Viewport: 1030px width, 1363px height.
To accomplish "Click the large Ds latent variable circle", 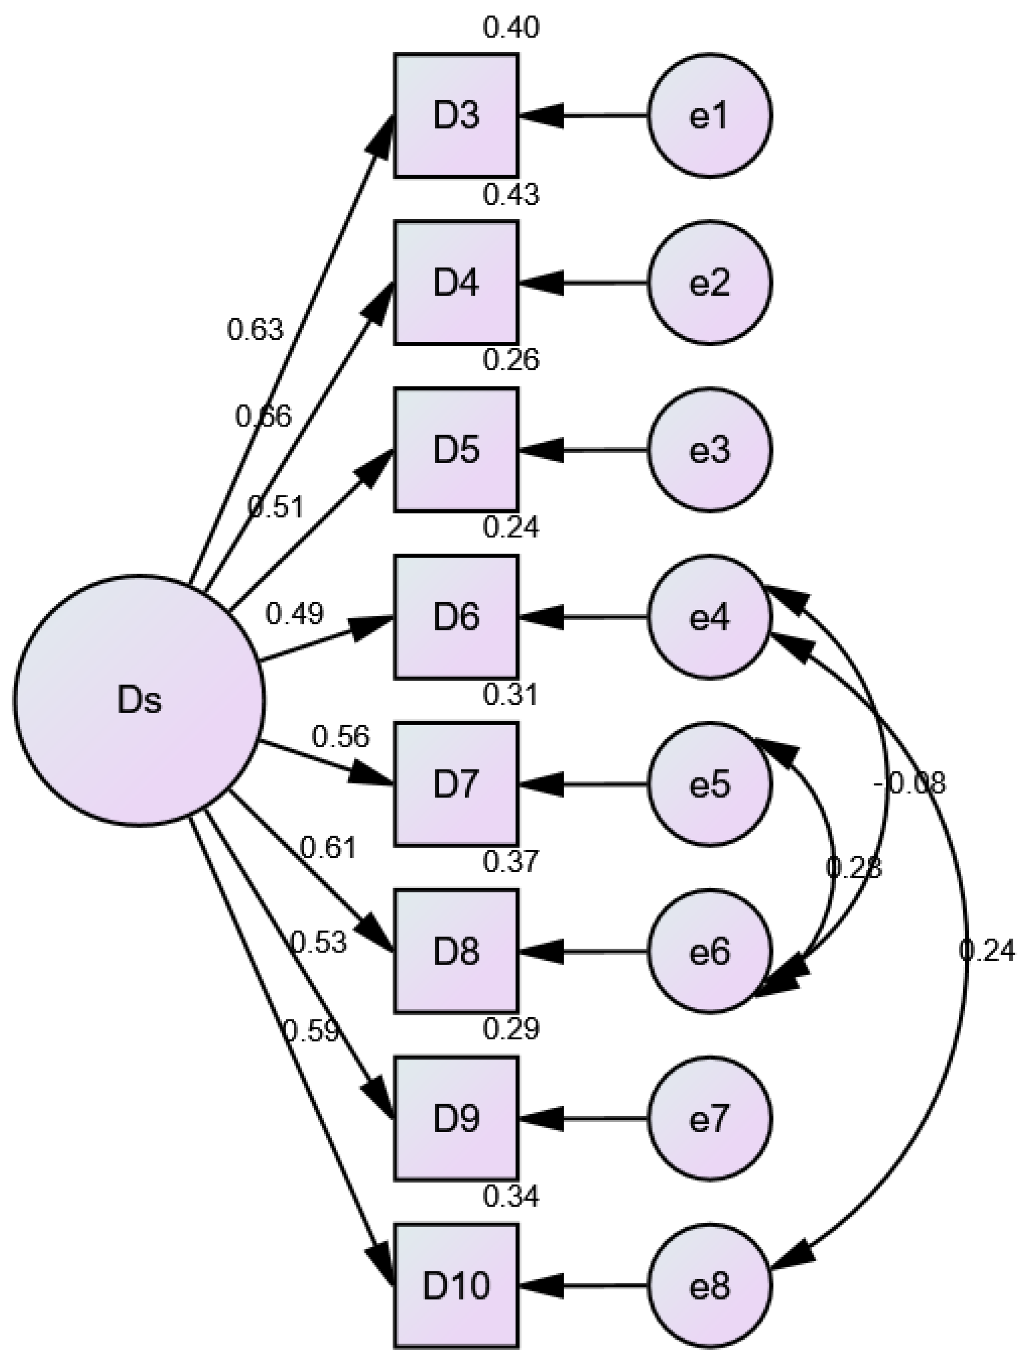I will (139, 700).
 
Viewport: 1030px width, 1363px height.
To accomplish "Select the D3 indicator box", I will (456, 115).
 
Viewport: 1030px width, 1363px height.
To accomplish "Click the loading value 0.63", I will (255, 330).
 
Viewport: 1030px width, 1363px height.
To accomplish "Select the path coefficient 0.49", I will (294, 614).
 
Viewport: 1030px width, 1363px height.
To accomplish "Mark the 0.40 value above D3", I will (511, 28).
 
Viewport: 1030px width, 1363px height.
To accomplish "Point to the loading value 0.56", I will (340, 737).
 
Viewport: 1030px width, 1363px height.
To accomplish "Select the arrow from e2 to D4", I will (582, 284).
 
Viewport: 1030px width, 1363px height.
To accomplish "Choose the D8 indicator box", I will (456, 952).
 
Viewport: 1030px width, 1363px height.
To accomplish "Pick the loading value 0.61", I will (328, 849).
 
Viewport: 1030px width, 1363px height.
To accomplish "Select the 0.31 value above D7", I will (511, 695).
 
